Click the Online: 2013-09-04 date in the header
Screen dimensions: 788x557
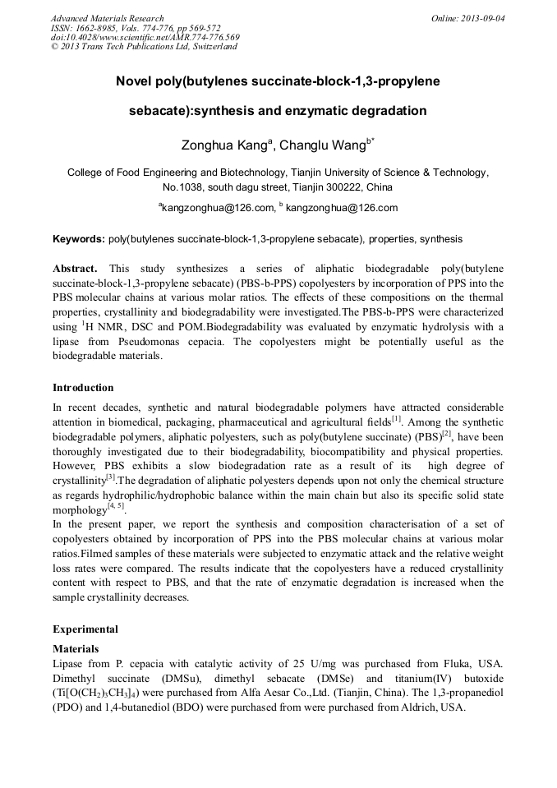pyautogui.click(x=467, y=18)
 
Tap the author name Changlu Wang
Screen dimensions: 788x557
pyautogui.click(x=326, y=146)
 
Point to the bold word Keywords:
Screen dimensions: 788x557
pyautogui.click(x=78, y=239)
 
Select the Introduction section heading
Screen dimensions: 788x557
pyautogui.click(x=83, y=387)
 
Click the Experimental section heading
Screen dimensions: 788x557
pyautogui.click(x=85, y=629)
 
